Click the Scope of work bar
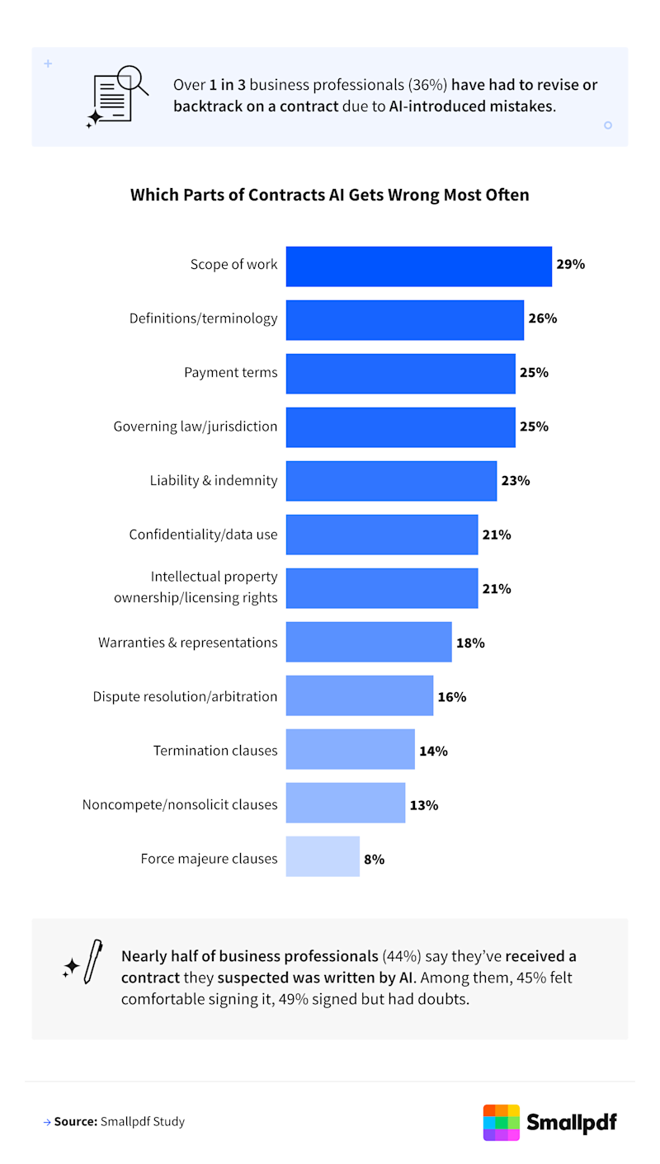pyautogui.click(x=418, y=266)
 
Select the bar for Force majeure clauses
pyautogui.click(x=323, y=856)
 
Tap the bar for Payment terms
pyautogui.click(x=400, y=373)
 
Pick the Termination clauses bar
pyautogui.click(x=350, y=749)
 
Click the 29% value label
pyautogui.click(x=570, y=265)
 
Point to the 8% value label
pyautogui.click(x=374, y=860)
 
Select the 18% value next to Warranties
pyautogui.click(x=469, y=643)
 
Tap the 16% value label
pyautogui.click(x=451, y=697)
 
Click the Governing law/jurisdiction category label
pyautogui.click(x=196, y=426)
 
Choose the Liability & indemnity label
pyautogui.click(x=214, y=480)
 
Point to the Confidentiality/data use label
pyautogui.click(x=203, y=535)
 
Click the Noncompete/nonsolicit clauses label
pyautogui.click(x=180, y=804)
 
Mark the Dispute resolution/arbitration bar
pyautogui.click(x=359, y=695)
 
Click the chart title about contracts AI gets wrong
pyautogui.click(x=330, y=196)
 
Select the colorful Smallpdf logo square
pyautogui.click(x=501, y=1122)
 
